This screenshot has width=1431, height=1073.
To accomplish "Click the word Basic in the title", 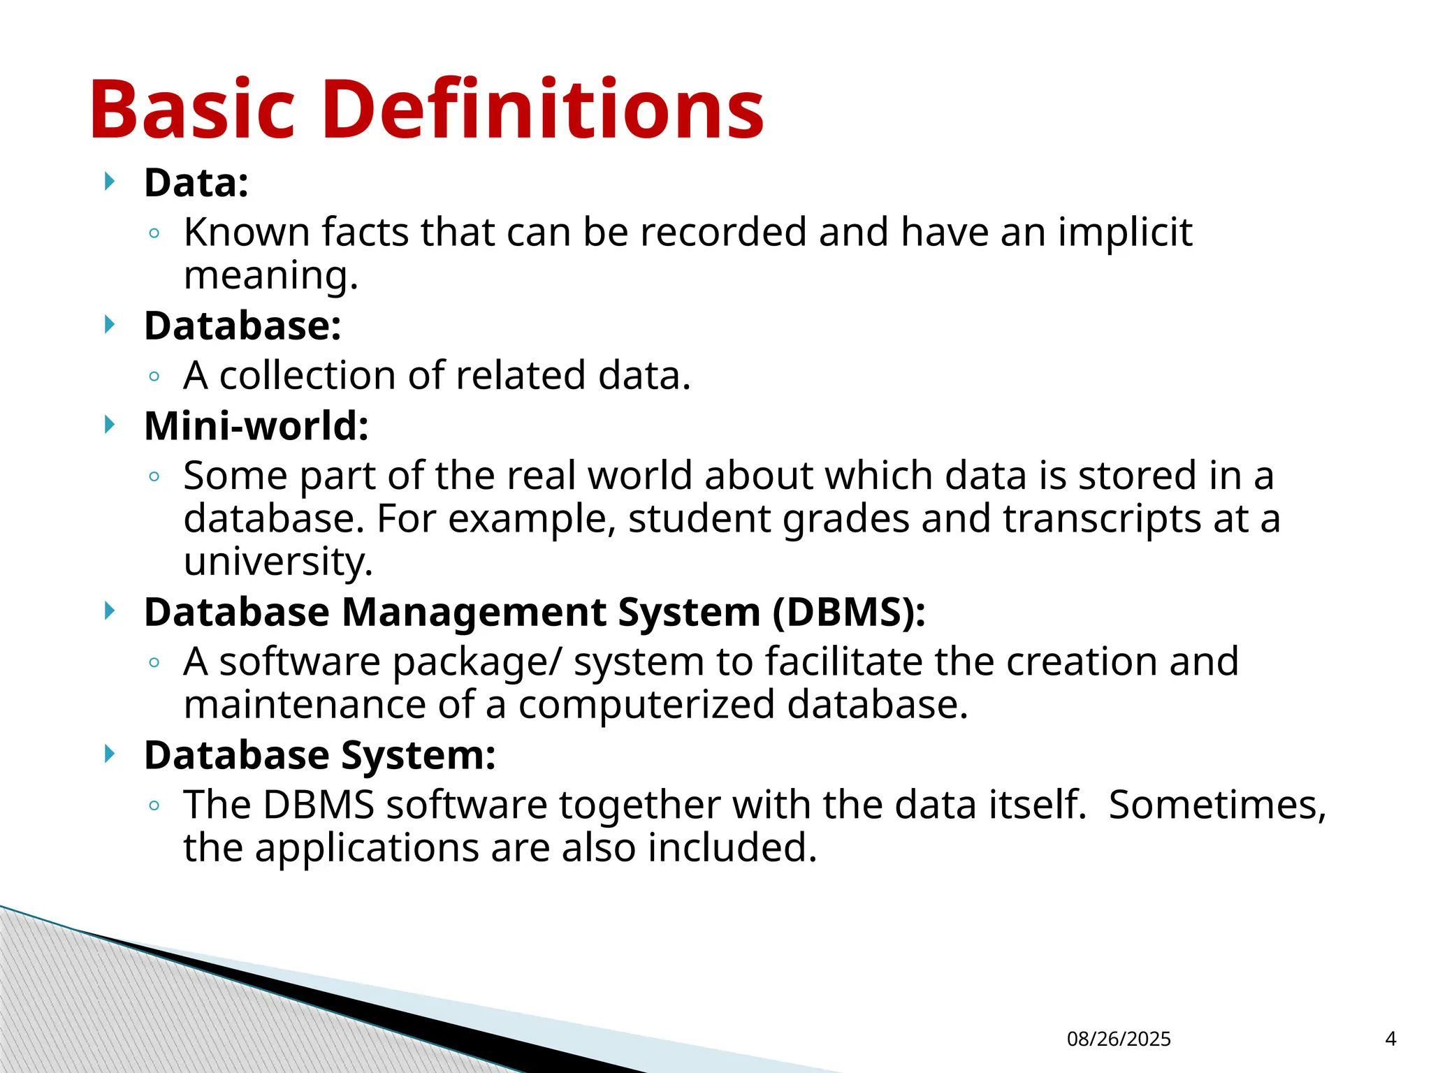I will [x=192, y=110].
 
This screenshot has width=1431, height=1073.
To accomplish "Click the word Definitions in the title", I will [x=543, y=110].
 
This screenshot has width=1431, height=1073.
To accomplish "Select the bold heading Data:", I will [x=196, y=183].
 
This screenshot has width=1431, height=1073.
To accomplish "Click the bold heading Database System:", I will [x=320, y=755].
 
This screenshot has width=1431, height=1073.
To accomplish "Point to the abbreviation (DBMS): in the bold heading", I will [x=849, y=612].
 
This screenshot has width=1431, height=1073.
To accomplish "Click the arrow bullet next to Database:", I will [x=109, y=325].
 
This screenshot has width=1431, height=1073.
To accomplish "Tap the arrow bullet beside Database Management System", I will [x=109, y=611].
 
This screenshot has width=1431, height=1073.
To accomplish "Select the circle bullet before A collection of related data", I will [x=154, y=377].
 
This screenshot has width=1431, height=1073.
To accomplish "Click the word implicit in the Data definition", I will [x=1124, y=232].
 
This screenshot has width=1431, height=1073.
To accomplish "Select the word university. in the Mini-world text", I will [x=278, y=562].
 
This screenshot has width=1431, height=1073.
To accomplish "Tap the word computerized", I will [x=646, y=705].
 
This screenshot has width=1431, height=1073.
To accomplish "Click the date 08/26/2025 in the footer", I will [x=1119, y=1039].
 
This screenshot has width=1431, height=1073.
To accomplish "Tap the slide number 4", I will [x=1390, y=1039].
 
